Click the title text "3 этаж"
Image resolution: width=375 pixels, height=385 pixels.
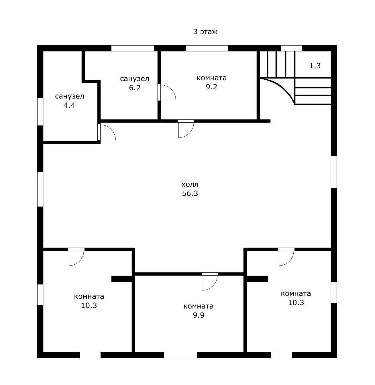tap(205, 32)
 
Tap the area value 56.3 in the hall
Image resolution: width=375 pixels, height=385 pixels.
tap(190, 193)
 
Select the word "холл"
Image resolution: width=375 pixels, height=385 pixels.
tap(190, 184)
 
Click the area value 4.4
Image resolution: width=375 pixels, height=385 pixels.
tap(69, 105)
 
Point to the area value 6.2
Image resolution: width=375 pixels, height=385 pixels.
tap(135, 88)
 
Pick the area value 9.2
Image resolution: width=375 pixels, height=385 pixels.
tap(211, 87)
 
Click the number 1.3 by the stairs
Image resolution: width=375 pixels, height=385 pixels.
tap(315, 66)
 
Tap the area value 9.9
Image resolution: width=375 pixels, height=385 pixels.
tap(199, 315)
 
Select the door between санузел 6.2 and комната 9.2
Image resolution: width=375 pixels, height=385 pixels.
tap(167, 93)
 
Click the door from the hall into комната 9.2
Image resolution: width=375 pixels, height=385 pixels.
tap(186, 129)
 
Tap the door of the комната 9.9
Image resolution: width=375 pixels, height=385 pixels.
tap(210, 282)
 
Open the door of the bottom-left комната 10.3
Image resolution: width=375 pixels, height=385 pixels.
tap(76, 257)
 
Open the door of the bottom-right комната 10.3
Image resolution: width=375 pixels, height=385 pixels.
tap(286, 257)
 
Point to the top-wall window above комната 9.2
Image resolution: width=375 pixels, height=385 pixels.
tap(207, 48)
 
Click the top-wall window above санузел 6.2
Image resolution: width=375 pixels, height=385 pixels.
tap(133, 48)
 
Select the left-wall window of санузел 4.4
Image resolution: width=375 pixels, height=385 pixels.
tap(40, 112)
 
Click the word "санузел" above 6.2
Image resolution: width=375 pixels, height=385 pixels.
tap(135, 79)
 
